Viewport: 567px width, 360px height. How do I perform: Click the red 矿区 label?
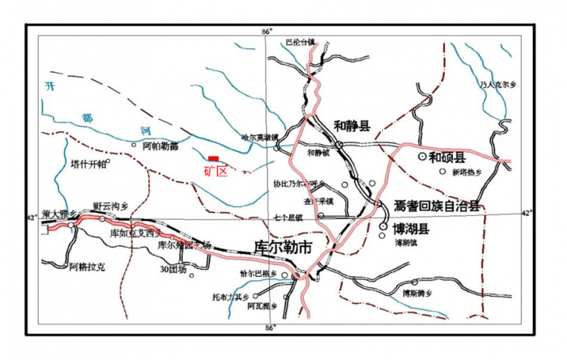click(x=215, y=170)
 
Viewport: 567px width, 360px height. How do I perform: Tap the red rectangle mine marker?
click(x=213, y=159)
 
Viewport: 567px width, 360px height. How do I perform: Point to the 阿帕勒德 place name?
click(x=160, y=147)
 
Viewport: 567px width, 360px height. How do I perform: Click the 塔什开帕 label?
click(x=89, y=164)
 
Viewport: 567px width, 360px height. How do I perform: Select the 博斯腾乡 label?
click(x=418, y=293)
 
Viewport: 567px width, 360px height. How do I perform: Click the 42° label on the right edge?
click(x=527, y=213)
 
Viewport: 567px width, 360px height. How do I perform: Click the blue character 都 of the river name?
click(x=88, y=116)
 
